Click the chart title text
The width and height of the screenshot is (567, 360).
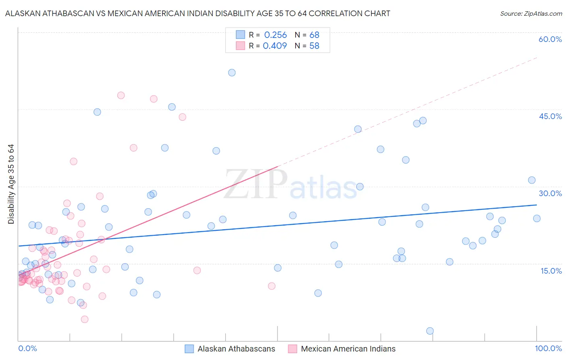click(x=198, y=13)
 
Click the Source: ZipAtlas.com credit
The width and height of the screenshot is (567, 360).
click(x=531, y=13)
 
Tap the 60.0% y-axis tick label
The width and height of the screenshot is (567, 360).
click(x=550, y=39)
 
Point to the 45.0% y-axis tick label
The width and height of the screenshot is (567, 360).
click(x=550, y=116)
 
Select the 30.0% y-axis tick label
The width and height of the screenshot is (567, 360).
click(x=550, y=193)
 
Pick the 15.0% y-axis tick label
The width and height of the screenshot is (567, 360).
click(x=551, y=271)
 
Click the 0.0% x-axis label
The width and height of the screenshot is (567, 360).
click(x=27, y=348)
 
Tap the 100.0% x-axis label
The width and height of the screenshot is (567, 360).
click(x=548, y=348)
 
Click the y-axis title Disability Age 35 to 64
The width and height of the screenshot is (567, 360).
click(x=11, y=184)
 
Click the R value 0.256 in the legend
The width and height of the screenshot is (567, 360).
click(x=275, y=35)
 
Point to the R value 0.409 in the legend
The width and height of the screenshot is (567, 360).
click(x=275, y=46)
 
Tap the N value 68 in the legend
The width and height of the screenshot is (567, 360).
click(x=314, y=35)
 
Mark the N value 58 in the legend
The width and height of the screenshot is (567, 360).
click(x=314, y=46)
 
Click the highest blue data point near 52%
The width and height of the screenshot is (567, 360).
click(x=232, y=73)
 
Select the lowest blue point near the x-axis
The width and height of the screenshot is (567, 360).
click(x=430, y=331)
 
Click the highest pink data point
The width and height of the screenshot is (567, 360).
click(x=121, y=96)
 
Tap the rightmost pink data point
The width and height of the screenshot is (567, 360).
click(x=272, y=286)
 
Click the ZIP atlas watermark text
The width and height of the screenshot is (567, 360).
click(x=290, y=185)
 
